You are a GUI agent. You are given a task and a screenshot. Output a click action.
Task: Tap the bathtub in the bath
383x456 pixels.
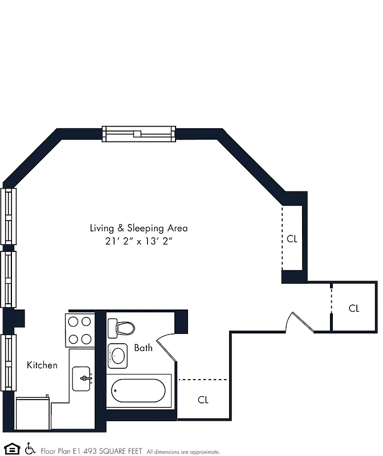[139, 390]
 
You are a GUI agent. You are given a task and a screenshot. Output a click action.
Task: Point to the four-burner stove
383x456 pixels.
[80, 330]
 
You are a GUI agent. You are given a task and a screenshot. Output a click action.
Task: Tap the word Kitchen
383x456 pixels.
[42, 365]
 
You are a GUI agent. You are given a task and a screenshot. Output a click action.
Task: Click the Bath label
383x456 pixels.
[143, 348]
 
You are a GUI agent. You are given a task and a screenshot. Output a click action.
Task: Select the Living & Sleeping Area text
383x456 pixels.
[138, 228]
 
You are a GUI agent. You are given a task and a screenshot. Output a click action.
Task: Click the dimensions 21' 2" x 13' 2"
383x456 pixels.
[138, 241]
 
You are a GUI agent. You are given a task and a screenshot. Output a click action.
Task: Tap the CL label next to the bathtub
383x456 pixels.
[203, 400]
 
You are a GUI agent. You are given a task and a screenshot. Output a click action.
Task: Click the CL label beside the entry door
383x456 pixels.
[354, 308]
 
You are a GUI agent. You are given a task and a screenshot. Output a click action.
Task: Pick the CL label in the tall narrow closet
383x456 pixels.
[292, 239]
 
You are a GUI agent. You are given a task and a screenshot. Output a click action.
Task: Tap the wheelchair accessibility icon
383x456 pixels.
[30, 449]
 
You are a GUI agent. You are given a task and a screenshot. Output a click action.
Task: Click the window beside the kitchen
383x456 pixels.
[7, 362]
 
